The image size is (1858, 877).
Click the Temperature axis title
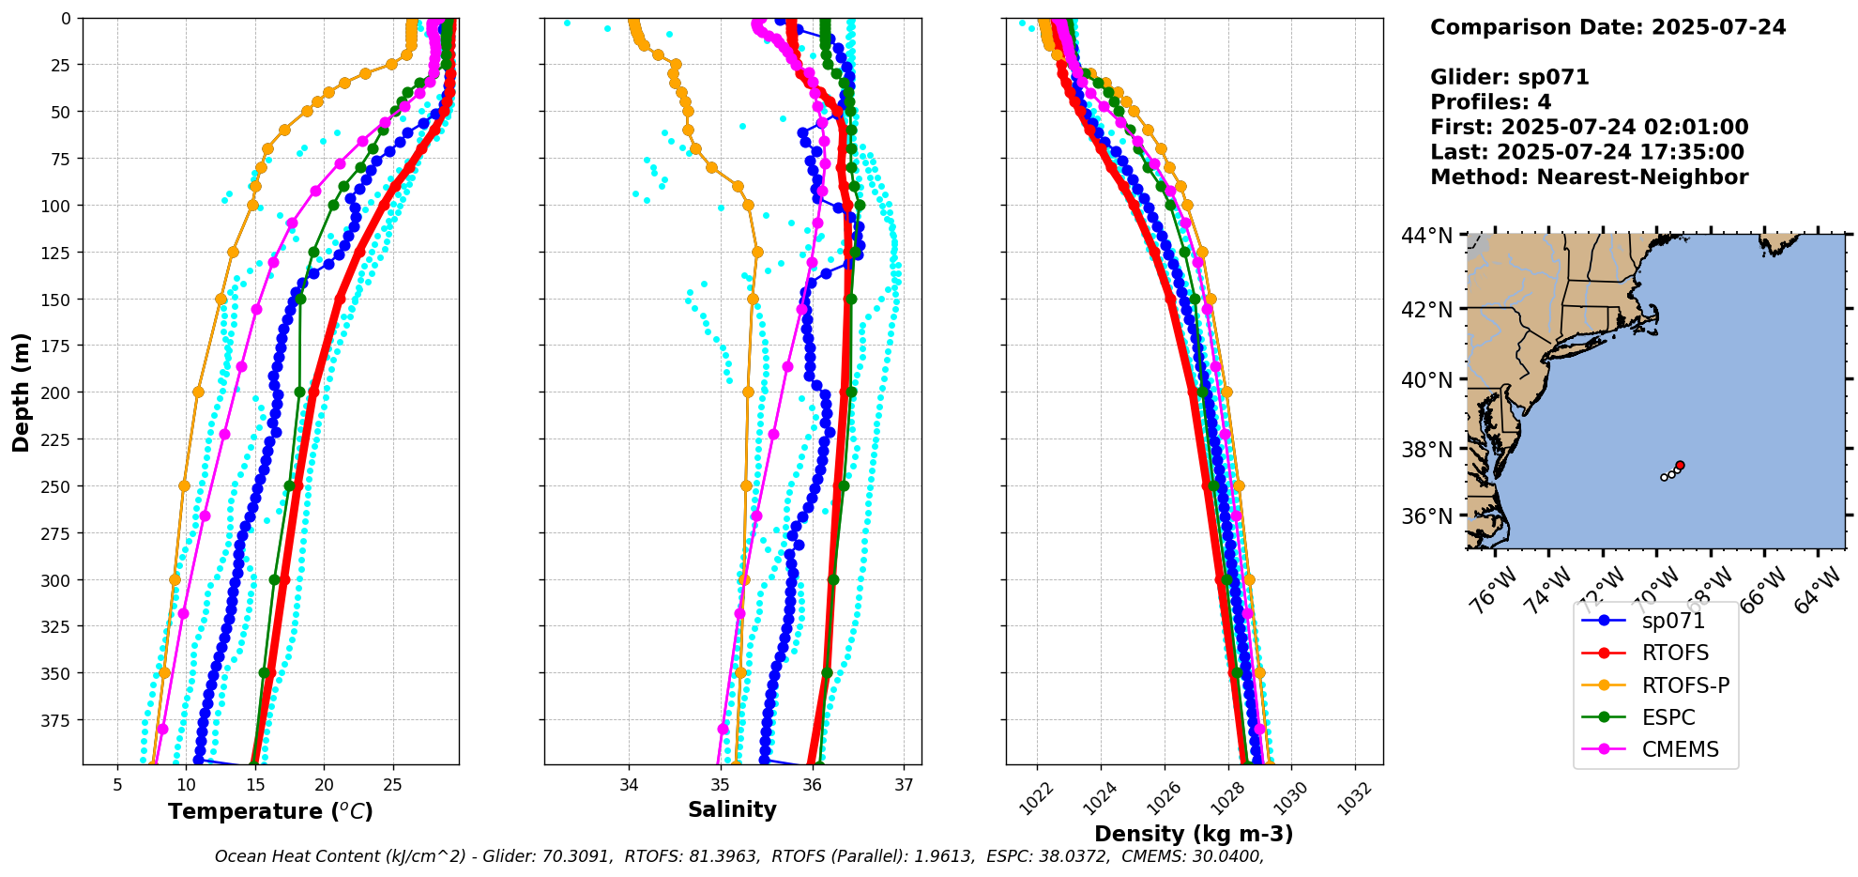(270, 811)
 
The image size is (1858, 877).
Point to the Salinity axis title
(732, 809)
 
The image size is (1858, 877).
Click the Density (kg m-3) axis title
(1194, 834)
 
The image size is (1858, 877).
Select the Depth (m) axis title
(21, 392)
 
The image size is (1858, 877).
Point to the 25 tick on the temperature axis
(392, 785)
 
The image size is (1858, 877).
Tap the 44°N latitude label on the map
(1427, 236)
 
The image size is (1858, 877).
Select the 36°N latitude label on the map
(1427, 516)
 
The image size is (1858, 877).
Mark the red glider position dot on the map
(1680, 465)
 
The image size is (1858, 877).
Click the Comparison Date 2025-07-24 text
(1607, 27)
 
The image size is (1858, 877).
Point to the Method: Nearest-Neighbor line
(1589, 177)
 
